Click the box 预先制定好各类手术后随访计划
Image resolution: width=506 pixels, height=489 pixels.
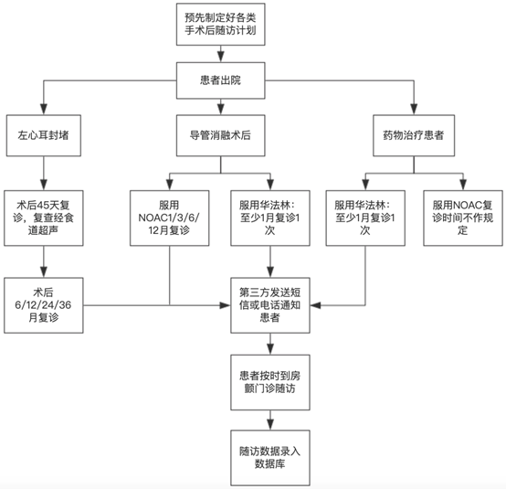click(x=221, y=25)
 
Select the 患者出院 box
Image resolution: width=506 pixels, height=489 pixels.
click(x=221, y=80)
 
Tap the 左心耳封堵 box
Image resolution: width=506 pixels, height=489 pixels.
click(x=44, y=135)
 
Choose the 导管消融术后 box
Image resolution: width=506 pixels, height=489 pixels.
click(x=221, y=135)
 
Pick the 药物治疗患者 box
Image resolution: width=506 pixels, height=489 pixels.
click(x=414, y=135)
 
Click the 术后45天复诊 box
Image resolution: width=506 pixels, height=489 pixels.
click(x=44, y=218)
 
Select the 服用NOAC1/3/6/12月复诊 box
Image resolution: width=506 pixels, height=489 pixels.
click(x=169, y=218)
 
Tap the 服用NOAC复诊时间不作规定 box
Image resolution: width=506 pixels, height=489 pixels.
click(x=463, y=218)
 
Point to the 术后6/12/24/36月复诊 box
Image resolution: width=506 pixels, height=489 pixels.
click(x=44, y=305)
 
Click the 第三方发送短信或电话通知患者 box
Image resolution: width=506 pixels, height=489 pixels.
click(x=270, y=305)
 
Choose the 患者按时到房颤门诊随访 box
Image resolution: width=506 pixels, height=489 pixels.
click(x=270, y=382)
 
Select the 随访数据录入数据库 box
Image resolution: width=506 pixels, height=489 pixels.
click(x=270, y=458)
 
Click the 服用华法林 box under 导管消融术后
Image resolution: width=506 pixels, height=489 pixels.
click(x=270, y=218)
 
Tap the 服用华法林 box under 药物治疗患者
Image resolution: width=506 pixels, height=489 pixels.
click(x=365, y=218)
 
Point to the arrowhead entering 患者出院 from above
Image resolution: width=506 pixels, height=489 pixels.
click(x=221, y=58)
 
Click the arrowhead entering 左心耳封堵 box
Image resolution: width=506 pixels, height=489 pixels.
click(x=44, y=110)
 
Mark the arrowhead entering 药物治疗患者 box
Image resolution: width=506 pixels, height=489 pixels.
click(x=414, y=110)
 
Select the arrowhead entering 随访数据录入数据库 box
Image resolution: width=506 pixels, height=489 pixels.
click(x=270, y=425)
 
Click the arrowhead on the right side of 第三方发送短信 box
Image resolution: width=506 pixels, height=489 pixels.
click(x=315, y=305)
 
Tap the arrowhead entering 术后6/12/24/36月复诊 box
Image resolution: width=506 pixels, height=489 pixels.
click(x=44, y=272)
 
